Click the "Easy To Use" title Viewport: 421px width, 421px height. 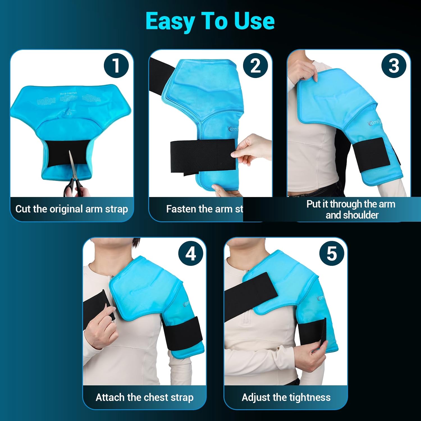(210, 21)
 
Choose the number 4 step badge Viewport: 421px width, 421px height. (191, 254)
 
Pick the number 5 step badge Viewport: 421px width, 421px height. (332, 254)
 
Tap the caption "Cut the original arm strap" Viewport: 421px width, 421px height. (72, 209)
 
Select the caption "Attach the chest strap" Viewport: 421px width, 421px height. (145, 397)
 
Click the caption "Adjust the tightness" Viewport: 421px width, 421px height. (286, 397)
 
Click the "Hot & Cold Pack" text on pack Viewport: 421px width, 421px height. (68, 93)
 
